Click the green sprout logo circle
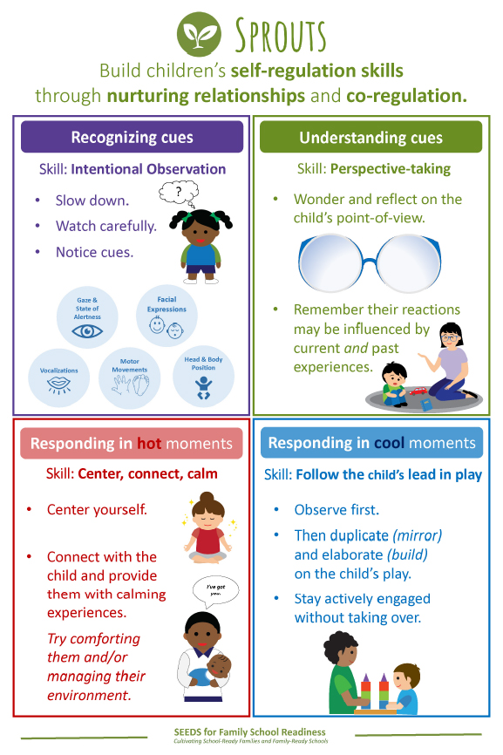click(x=199, y=35)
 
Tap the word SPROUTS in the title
click(x=281, y=36)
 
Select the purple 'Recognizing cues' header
click(x=132, y=137)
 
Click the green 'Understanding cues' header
click(x=370, y=137)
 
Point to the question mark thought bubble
click(x=179, y=193)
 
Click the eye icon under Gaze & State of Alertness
click(x=87, y=331)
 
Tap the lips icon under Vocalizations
click(x=59, y=384)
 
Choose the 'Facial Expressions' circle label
click(x=167, y=304)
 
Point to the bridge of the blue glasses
click(x=370, y=262)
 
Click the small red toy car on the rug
click(x=418, y=391)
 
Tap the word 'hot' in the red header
click(x=149, y=443)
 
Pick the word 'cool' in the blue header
click(x=389, y=443)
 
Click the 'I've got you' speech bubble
click(x=215, y=590)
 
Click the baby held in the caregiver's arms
click(x=212, y=671)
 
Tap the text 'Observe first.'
click(x=336, y=510)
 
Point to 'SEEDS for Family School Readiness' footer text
click(x=250, y=731)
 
